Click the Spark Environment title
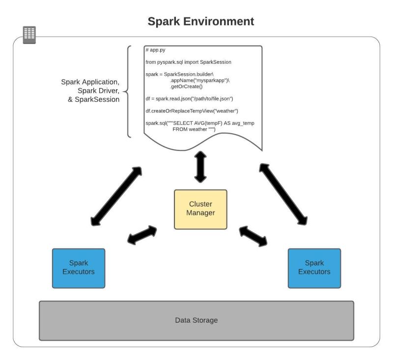pyautogui.click(x=201, y=22)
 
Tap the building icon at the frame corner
pyautogui.click(x=29, y=34)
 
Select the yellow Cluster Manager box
pyautogui.click(x=200, y=209)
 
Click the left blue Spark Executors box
pyautogui.click(x=78, y=268)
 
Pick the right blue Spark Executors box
pyautogui.click(x=314, y=268)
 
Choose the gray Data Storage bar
pyautogui.click(x=196, y=320)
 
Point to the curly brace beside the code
pyautogui.click(x=129, y=92)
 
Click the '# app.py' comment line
pyautogui.click(x=156, y=51)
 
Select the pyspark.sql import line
pyautogui.click(x=188, y=62)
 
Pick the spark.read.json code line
pyautogui.click(x=189, y=98)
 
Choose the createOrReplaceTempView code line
pyautogui.click(x=192, y=111)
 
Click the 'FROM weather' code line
pyautogui.click(x=194, y=129)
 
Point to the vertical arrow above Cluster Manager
pyautogui.click(x=200, y=166)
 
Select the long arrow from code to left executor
pyautogui.click(x=115, y=194)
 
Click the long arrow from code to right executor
pyautogui.click(x=283, y=195)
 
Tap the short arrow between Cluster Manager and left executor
pyautogui.click(x=142, y=235)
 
